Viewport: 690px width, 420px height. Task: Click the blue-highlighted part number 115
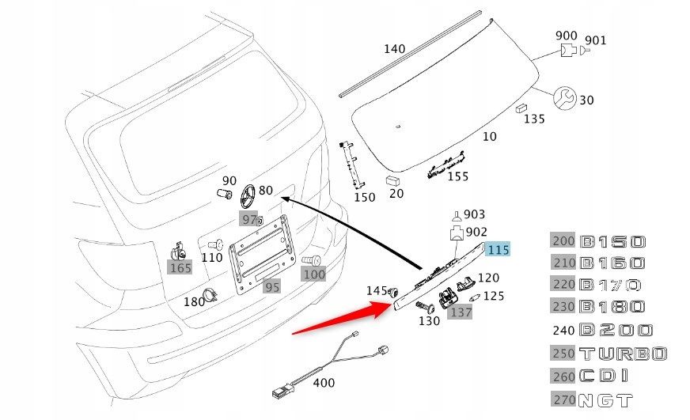click(499, 251)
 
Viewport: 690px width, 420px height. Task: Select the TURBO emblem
click(624, 353)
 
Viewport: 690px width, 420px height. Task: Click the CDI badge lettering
click(605, 376)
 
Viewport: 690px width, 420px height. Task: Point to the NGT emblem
click(607, 399)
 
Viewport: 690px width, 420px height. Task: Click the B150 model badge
click(613, 241)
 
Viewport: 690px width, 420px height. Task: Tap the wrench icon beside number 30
click(564, 98)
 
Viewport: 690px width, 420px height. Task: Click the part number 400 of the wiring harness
click(324, 383)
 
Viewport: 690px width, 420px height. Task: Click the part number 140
click(394, 49)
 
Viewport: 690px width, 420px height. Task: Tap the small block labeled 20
click(392, 181)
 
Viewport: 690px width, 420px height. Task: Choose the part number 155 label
click(458, 176)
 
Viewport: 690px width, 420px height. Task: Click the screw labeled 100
click(312, 260)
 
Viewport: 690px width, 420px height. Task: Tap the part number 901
click(595, 40)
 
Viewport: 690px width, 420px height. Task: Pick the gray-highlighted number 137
click(460, 312)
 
